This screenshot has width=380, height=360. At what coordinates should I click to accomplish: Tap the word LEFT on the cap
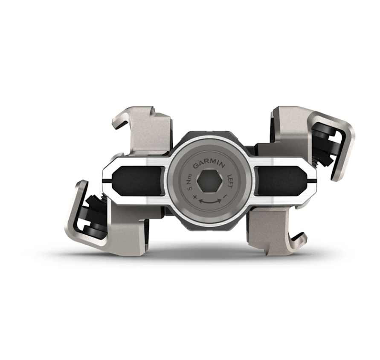230,179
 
